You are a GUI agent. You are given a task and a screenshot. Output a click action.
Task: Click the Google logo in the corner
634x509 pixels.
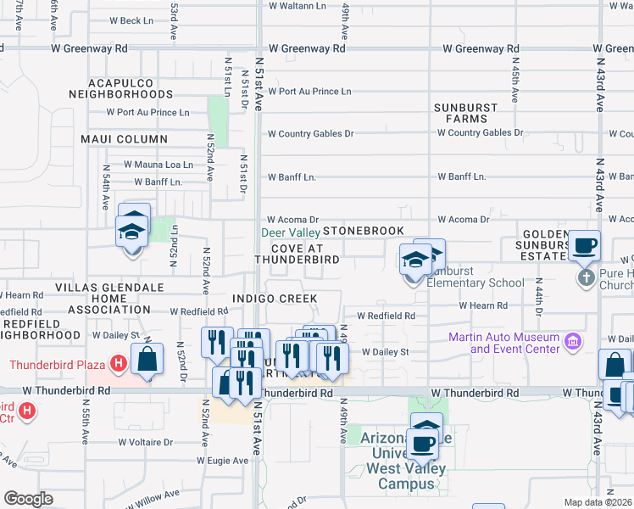click(28, 499)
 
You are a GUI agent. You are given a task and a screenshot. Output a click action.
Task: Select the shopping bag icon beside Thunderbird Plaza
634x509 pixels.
click(147, 358)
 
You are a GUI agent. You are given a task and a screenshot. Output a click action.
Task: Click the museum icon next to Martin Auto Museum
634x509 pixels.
click(573, 343)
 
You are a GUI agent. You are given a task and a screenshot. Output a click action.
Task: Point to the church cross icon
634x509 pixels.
click(585, 277)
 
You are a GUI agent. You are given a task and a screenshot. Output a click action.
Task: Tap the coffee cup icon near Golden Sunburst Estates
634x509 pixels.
click(585, 246)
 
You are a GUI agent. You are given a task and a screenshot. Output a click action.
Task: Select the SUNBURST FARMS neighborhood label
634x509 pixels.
click(462, 114)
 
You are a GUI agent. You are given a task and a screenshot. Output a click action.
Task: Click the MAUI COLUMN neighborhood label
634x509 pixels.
click(124, 139)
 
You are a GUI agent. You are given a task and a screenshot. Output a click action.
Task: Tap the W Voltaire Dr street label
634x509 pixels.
click(145, 442)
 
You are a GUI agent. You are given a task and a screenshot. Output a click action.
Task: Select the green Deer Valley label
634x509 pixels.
click(289, 232)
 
